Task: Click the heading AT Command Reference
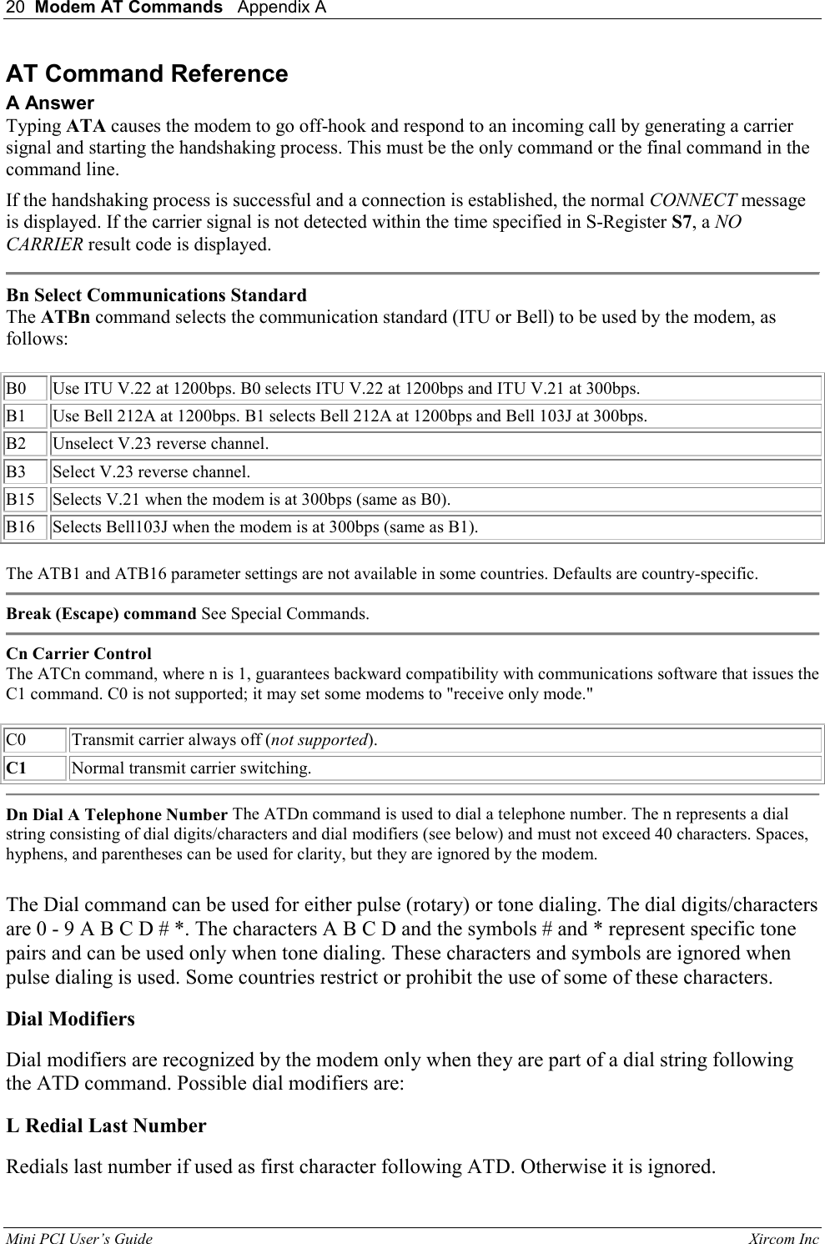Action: click(147, 74)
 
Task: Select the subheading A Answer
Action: click(50, 103)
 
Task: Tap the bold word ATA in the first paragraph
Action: click(85, 126)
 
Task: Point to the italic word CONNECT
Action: click(692, 201)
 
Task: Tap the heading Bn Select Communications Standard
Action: click(156, 295)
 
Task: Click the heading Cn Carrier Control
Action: click(78, 653)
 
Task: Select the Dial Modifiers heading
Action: click(70, 1019)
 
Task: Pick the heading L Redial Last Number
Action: click(106, 1126)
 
